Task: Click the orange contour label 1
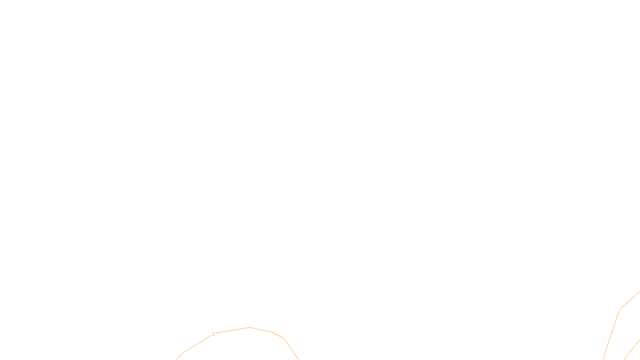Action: (213, 334)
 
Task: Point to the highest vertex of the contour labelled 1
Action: (249, 328)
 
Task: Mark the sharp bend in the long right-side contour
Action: (621, 308)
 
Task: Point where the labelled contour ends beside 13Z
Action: (298, 359)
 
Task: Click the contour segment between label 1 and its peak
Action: (232, 330)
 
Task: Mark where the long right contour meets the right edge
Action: (639, 292)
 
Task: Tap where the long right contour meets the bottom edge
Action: (604, 359)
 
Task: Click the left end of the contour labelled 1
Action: (176, 359)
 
